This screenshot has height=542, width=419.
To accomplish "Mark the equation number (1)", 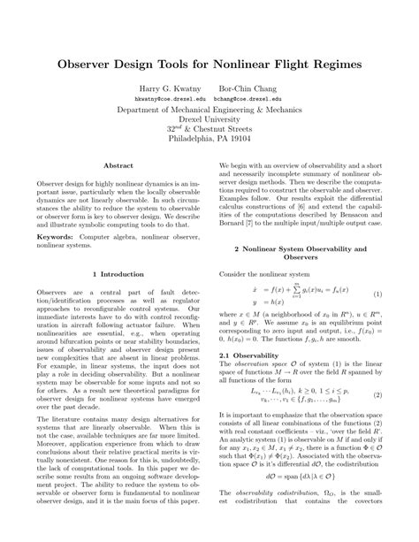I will [377, 294].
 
